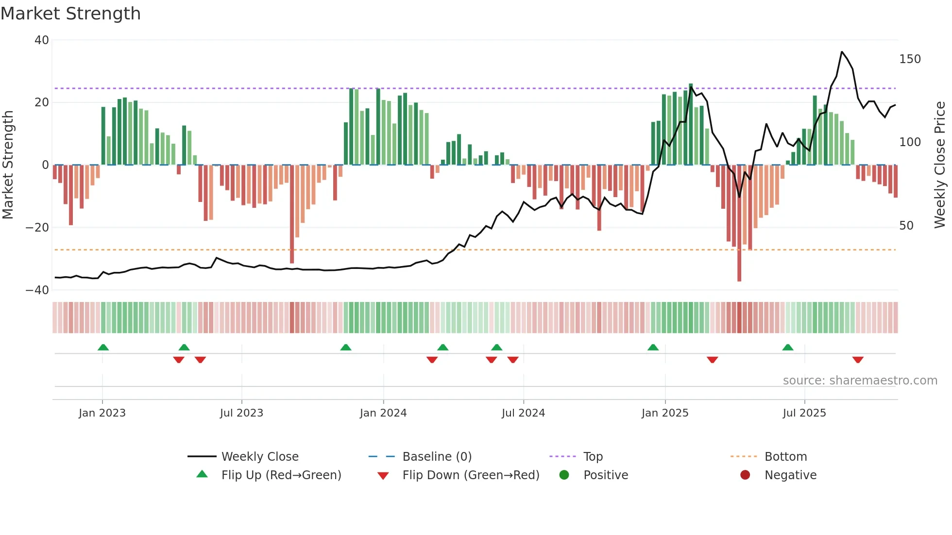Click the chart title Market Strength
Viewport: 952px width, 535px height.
coord(70,14)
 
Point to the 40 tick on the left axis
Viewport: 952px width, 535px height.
coord(42,40)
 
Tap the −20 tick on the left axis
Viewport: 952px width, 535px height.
coord(37,227)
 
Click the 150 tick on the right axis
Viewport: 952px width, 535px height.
coord(910,59)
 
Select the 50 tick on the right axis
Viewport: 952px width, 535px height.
coord(906,226)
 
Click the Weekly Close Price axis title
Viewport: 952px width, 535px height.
coord(940,165)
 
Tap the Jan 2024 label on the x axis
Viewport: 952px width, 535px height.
coord(383,413)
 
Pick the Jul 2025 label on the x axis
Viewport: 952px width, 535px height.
coord(804,413)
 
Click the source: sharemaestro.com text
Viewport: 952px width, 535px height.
coord(860,381)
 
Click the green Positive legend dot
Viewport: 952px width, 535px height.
coord(564,475)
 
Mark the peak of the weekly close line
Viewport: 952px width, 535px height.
coord(842,52)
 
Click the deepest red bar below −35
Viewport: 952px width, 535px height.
coord(739,272)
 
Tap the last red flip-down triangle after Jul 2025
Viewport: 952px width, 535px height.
coord(858,360)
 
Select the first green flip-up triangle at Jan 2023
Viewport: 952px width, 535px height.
coord(103,347)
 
